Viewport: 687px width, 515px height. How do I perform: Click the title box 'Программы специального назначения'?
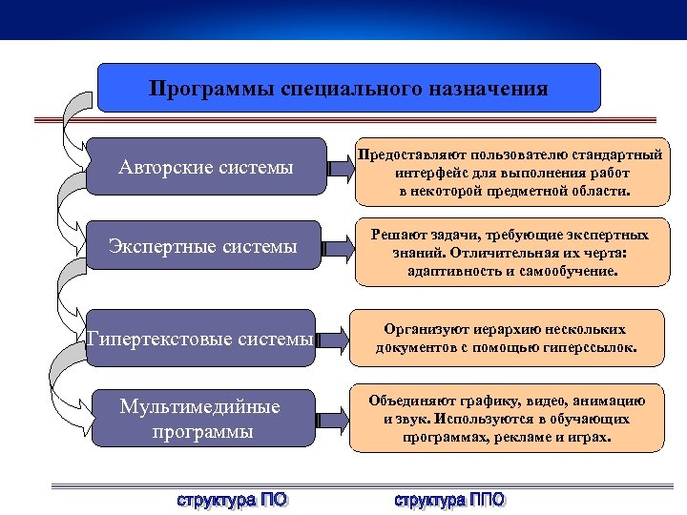(349, 89)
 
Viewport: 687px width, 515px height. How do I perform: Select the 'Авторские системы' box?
(205, 169)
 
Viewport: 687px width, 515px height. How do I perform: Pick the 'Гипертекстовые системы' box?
(200, 338)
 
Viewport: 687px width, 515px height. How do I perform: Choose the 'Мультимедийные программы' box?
(200, 419)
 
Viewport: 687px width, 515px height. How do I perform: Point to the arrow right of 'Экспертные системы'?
(334, 250)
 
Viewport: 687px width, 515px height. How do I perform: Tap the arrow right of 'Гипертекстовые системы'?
(334, 338)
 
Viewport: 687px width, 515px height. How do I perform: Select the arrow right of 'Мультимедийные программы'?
(334, 419)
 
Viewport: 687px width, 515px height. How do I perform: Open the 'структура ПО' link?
(232, 499)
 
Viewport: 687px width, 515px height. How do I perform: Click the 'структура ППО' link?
(450, 499)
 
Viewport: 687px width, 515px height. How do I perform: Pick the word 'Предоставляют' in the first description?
(408, 153)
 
